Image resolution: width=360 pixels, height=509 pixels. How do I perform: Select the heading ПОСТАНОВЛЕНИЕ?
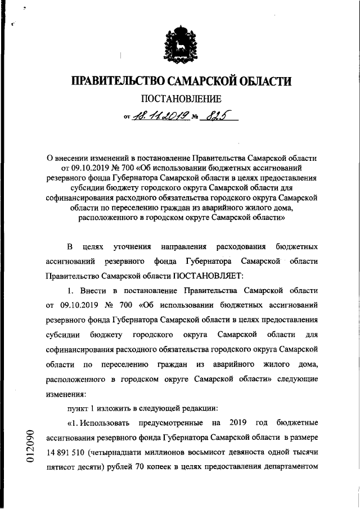[x=180, y=101]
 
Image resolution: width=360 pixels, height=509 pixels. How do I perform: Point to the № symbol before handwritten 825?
[x=196, y=118]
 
